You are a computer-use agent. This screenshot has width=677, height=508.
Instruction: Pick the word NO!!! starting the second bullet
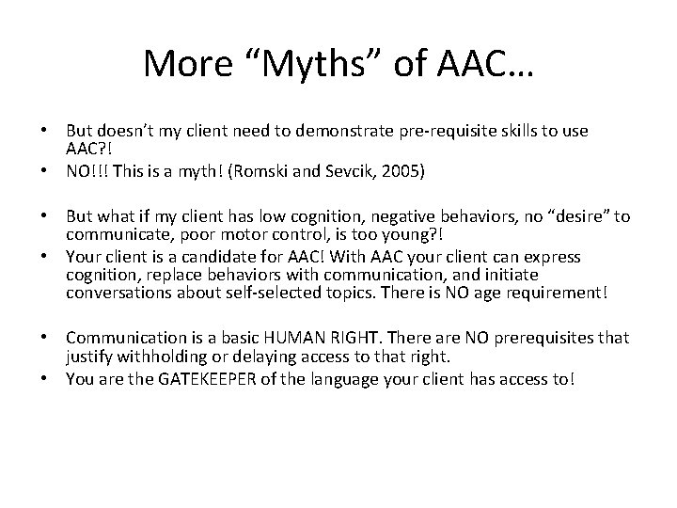pyautogui.click(x=87, y=173)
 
